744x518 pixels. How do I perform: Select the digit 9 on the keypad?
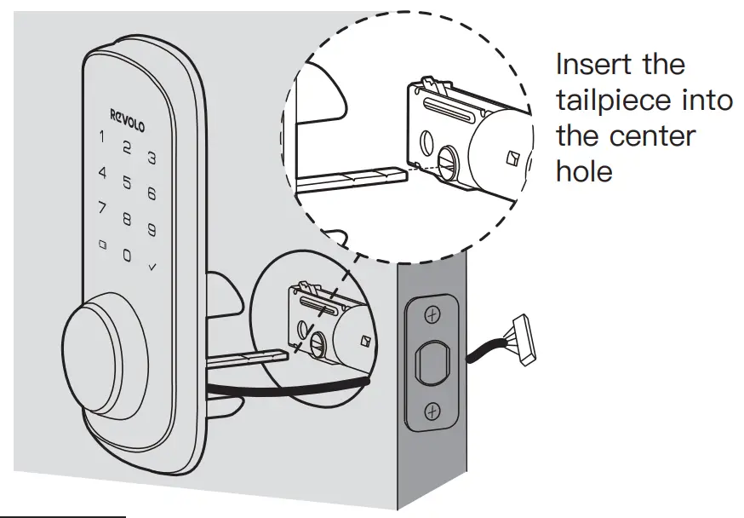tap(151, 229)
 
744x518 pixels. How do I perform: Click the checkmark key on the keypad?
tap(152, 268)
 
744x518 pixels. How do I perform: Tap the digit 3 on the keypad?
tap(152, 158)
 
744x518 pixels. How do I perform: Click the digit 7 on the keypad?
tap(101, 207)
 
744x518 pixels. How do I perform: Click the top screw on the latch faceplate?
tap(432, 316)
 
